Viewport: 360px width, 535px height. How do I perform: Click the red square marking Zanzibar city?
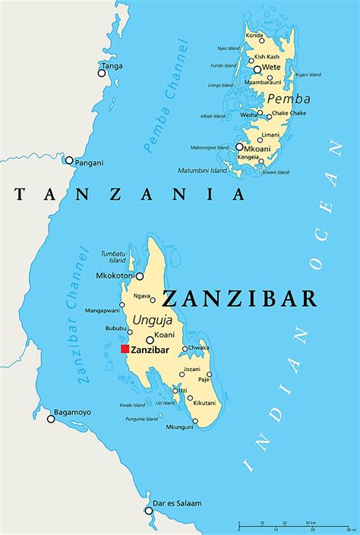[125, 349]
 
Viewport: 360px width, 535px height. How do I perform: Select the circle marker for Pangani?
[69, 160]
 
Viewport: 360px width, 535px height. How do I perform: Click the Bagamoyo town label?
[74, 412]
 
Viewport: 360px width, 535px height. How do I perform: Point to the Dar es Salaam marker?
[149, 511]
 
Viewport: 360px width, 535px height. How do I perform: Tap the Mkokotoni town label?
[115, 276]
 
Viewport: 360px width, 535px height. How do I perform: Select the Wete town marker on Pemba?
[257, 69]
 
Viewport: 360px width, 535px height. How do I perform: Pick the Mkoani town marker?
[239, 147]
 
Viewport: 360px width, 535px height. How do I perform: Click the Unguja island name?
[152, 321]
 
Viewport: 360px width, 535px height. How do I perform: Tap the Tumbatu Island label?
[112, 256]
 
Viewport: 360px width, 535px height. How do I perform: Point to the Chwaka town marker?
[185, 349]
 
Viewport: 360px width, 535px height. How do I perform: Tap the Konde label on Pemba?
[255, 36]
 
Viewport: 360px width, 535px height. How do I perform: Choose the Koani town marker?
[150, 341]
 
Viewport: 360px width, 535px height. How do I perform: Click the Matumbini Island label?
[202, 170]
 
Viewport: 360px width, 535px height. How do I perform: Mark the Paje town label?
[204, 379]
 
